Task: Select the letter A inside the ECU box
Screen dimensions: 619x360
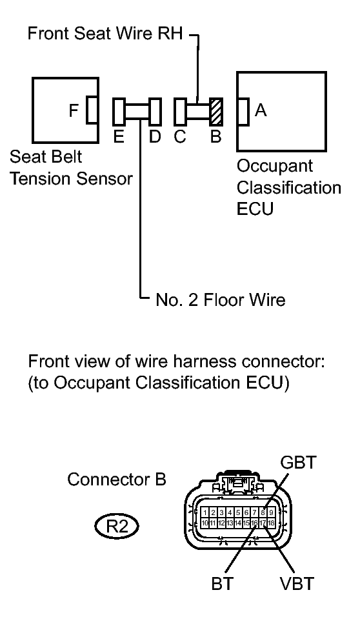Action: click(x=261, y=111)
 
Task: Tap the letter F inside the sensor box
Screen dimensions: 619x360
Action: click(x=75, y=111)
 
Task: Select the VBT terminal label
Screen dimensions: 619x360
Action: click(x=297, y=583)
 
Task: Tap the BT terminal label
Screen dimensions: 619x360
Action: click(x=221, y=583)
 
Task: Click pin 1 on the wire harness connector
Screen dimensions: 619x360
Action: click(x=205, y=512)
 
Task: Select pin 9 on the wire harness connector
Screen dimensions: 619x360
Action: click(x=272, y=512)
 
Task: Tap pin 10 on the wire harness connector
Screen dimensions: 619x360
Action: click(x=205, y=522)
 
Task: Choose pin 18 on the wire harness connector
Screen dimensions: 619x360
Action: click(x=272, y=522)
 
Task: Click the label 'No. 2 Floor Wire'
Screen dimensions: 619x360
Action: click(x=220, y=299)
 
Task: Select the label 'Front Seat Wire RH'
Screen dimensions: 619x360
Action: click(x=106, y=34)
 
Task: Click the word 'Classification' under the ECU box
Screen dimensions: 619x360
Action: click(x=288, y=188)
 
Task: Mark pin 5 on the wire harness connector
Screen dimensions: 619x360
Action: click(x=238, y=512)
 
